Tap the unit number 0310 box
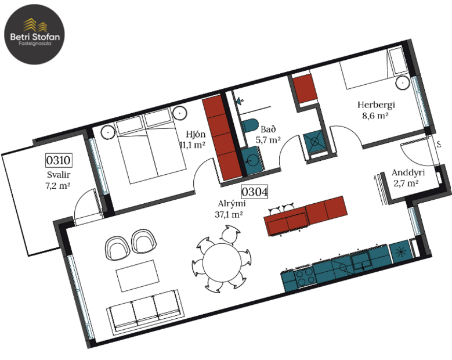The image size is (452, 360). [58, 160]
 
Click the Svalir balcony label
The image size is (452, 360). [58, 174]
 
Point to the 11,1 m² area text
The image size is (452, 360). [194, 144]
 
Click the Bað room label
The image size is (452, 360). [267, 129]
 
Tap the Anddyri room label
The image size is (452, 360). [408, 172]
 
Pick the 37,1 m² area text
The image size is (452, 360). [229, 214]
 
